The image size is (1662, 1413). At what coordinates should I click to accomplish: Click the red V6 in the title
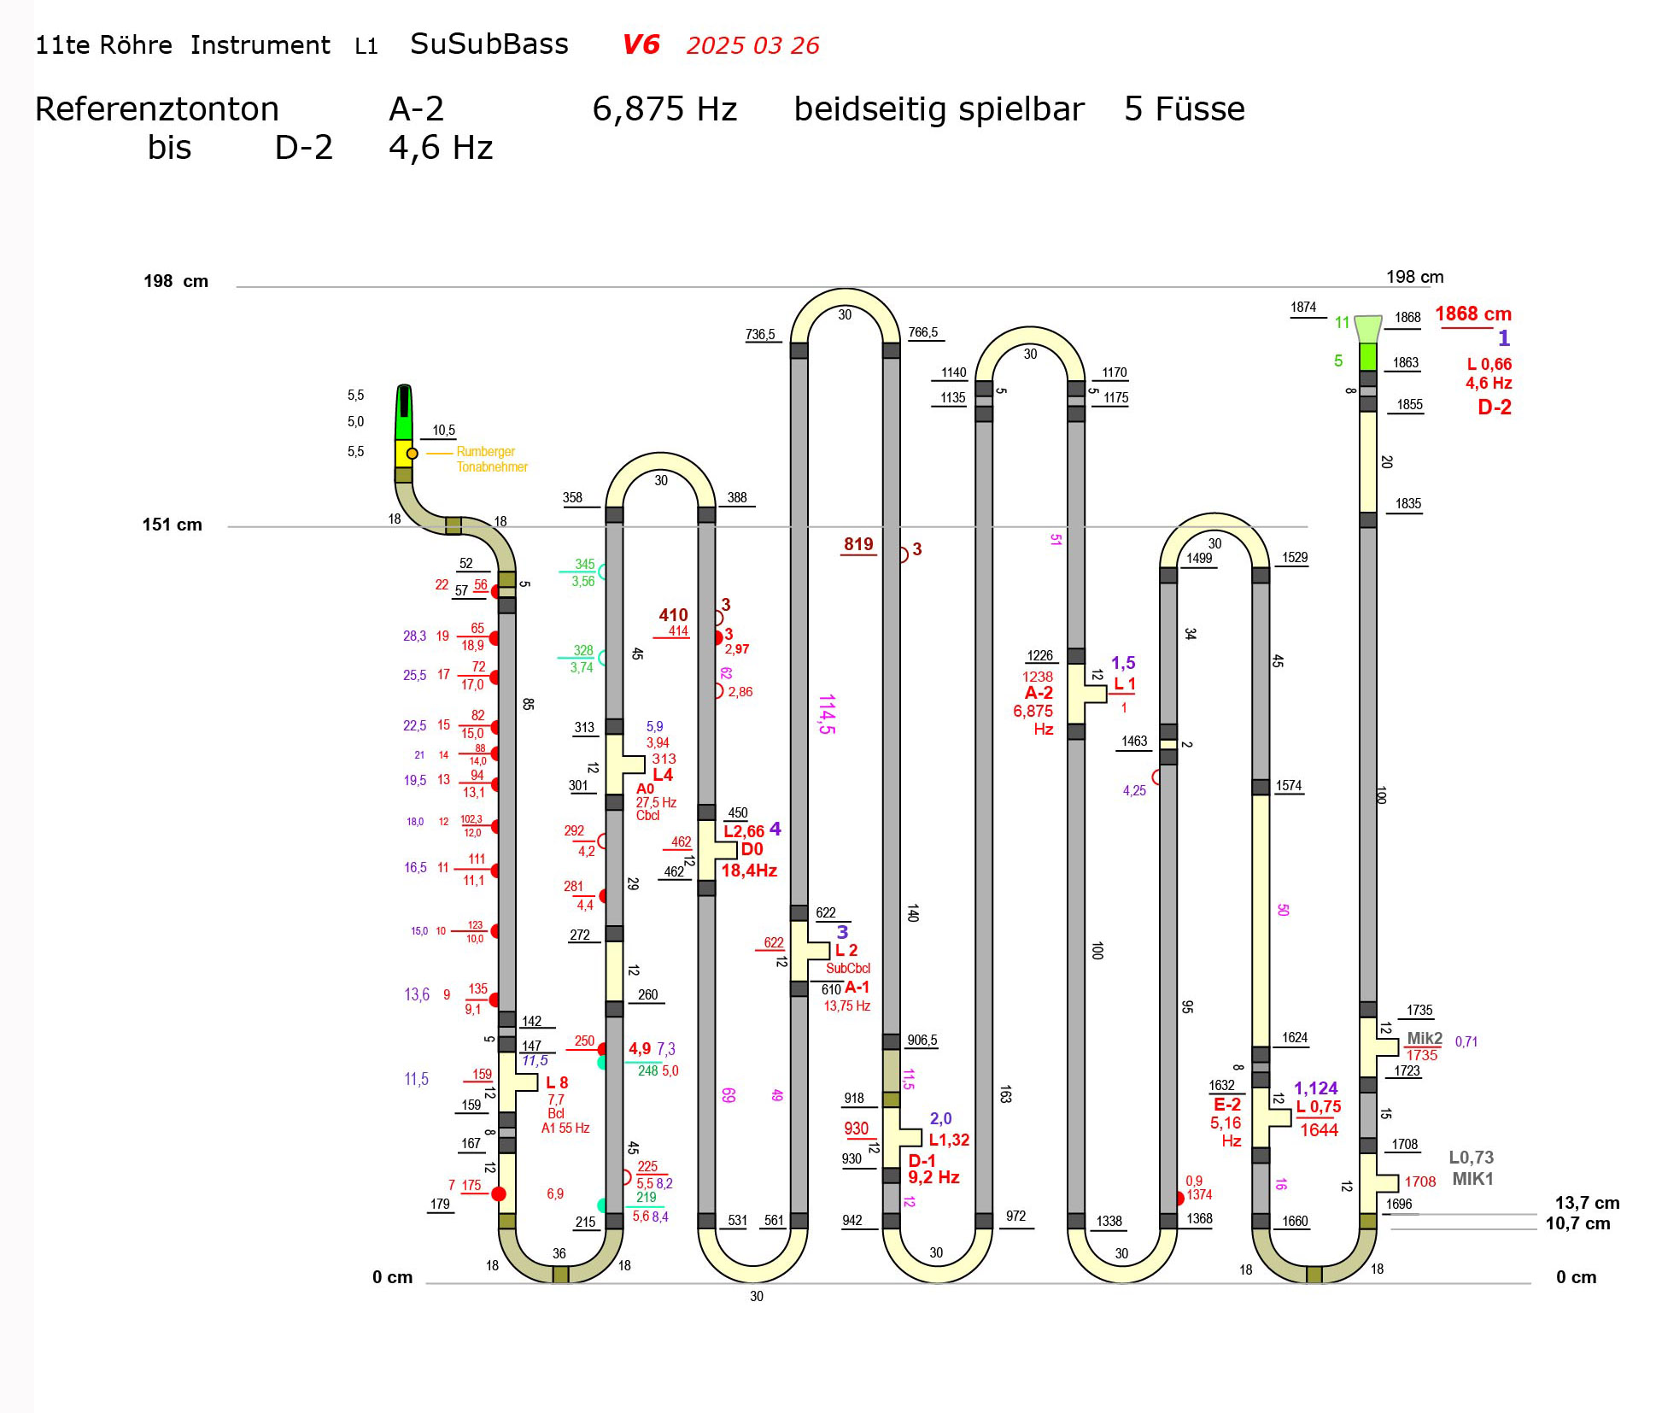(641, 44)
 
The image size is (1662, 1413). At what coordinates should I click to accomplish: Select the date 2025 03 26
(752, 45)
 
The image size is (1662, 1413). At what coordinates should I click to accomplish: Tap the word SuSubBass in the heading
(489, 44)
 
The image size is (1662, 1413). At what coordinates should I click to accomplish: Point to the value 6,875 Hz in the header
(664, 109)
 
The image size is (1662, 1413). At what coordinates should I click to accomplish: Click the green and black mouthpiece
(404, 413)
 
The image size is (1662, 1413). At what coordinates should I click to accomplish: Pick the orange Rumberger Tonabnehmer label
(491, 459)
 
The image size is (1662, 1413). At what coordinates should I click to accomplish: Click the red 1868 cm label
(1472, 314)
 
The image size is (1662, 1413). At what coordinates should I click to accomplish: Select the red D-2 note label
(1494, 407)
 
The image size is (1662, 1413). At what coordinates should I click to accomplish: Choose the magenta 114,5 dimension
(826, 714)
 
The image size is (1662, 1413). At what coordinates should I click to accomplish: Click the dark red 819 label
(858, 544)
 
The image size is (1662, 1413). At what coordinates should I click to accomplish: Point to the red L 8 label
(557, 1082)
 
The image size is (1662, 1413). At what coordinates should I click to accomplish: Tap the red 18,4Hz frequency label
(749, 871)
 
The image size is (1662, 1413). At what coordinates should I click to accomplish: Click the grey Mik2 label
(1424, 1039)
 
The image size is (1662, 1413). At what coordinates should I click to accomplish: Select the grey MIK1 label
(1472, 1179)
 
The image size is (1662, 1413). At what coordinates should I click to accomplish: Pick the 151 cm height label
(172, 525)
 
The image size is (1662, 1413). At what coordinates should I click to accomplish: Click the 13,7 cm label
(1586, 1203)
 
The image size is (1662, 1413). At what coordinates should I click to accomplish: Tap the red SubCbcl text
(848, 969)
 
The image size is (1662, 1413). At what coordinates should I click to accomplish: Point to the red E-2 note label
(1226, 1105)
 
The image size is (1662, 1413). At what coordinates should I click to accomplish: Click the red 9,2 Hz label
(933, 1177)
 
